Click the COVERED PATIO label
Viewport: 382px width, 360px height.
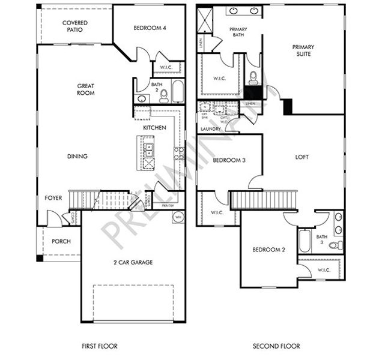pyautogui.click(x=75, y=26)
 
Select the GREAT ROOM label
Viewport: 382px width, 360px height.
pyautogui.click(x=86, y=89)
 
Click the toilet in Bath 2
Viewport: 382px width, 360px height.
pyautogui.click(x=163, y=96)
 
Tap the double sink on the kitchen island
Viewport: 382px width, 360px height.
pyautogui.click(x=148, y=147)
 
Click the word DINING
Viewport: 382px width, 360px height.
pyautogui.click(x=77, y=156)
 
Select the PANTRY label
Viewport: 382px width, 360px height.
pyautogui.click(x=168, y=206)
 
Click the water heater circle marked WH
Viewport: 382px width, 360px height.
pyautogui.click(x=178, y=217)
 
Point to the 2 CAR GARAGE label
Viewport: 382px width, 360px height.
pyautogui.click(x=133, y=262)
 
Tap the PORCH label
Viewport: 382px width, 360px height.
pyautogui.click(x=61, y=241)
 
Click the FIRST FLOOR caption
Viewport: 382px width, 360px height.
pyautogui.click(x=99, y=346)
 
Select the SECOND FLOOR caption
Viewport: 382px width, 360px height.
pyautogui.click(x=276, y=346)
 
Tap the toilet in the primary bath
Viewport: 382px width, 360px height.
pyautogui.click(x=253, y=77)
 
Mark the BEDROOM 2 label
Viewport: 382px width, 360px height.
pyautogui.click(x=268, y=249)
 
